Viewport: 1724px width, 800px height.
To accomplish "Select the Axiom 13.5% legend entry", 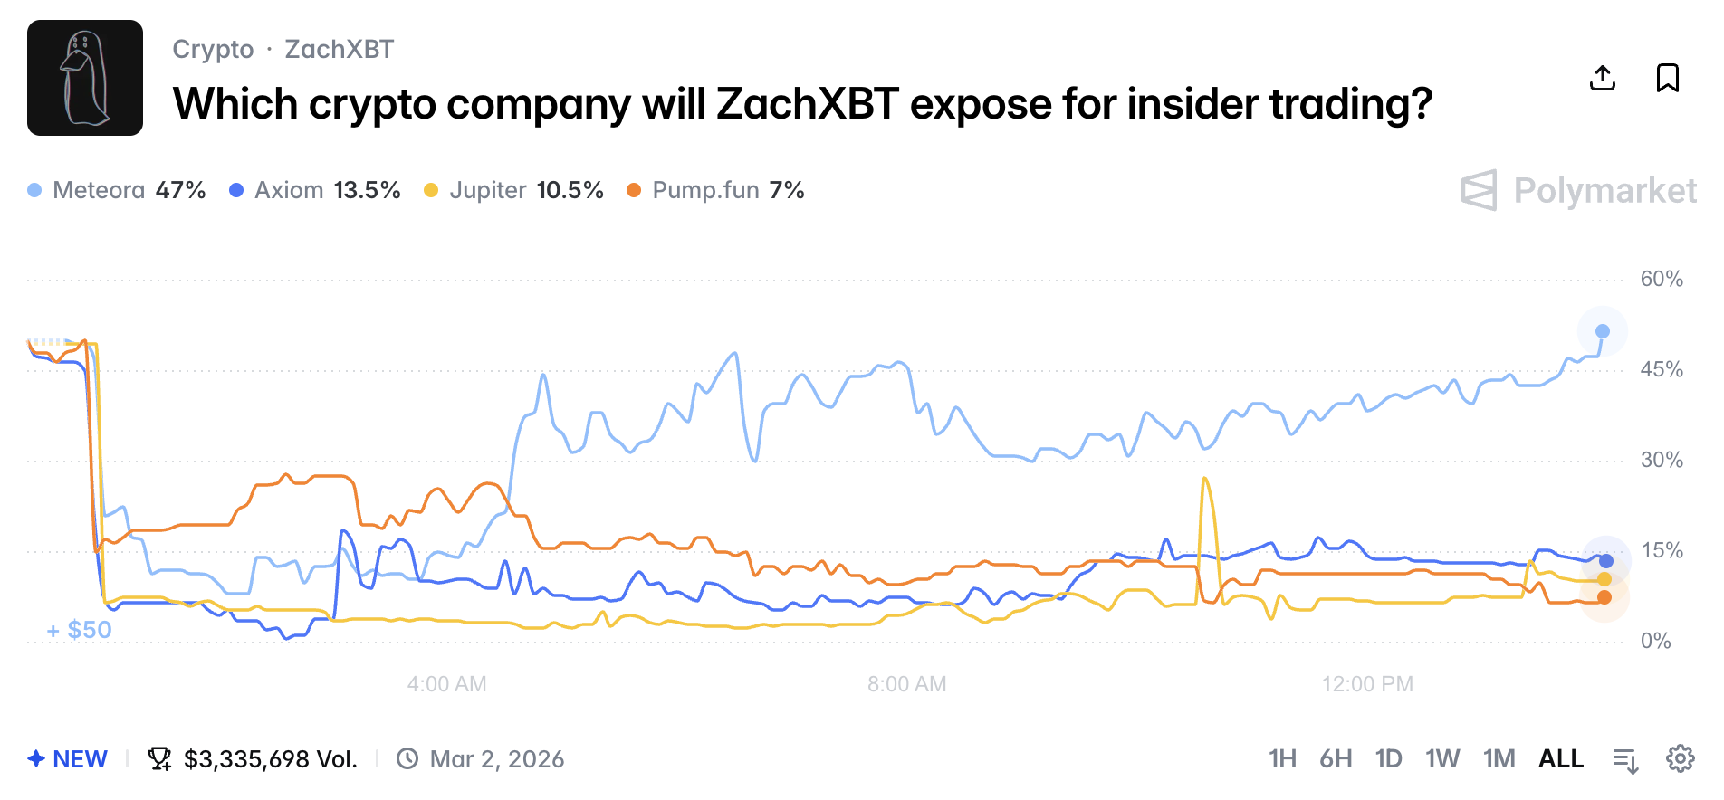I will (x=315, y=190).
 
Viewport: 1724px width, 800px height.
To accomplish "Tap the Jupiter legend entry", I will (x=514, y=190).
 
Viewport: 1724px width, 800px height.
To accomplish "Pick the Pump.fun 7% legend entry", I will (x=716, y=190).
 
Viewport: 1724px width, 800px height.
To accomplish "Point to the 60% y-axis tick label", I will (x=1662, y=279).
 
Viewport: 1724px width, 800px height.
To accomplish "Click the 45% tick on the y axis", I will (x=1662, y=369).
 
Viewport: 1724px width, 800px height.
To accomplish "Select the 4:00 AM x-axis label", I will (x=446, y=684).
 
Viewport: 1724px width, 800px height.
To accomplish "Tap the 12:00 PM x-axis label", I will (x=1367, y=684).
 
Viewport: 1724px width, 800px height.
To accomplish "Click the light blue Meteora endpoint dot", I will (x=1603, y=331).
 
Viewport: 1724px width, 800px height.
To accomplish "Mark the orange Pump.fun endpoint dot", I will (x=1604, y=597).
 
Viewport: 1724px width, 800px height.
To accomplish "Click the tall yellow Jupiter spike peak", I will (x=1204, y=479).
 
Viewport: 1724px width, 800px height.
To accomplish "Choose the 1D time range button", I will (x=1388, y=758).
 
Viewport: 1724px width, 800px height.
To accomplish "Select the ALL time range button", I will (x=1561, y=758).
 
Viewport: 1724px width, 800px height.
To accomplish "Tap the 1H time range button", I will (x=1282, y=758).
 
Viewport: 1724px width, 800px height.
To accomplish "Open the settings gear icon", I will (x=1681, y=758).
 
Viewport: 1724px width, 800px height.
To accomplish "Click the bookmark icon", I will (x=1667, y=78).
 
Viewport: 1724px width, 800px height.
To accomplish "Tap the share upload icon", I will (x=1603, y=78).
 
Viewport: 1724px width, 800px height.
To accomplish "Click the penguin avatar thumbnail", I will (x=85, y=78).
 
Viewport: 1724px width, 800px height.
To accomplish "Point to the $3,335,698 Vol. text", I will (x=270, y=758).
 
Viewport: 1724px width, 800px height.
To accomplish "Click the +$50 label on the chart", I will (x=80, y=630).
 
